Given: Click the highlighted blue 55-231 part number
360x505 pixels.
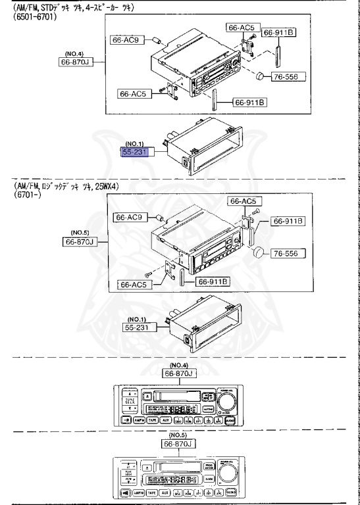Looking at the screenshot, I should point(136,152).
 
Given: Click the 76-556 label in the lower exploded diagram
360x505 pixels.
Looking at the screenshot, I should point(287,253).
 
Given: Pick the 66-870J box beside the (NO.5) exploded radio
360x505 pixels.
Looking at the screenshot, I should point(80,242).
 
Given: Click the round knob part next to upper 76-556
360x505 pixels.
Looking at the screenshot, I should point(261,76).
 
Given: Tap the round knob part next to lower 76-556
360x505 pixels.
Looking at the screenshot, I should point(259,253).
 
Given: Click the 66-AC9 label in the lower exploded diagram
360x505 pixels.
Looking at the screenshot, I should point(130,217).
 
